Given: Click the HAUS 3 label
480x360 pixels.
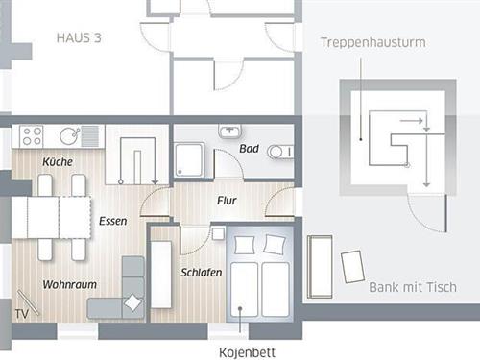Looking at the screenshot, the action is click(79, 37).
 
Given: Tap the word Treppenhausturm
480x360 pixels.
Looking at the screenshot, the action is click(373, 42).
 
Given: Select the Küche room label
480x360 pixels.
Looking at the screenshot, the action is click(58, 161).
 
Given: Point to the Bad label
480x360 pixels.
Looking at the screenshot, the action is click(249, 149).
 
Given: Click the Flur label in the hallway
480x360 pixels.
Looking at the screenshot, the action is click(227, 201).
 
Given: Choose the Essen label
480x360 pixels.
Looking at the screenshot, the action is click(112, 221).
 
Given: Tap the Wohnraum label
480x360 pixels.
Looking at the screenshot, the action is click(70, 284).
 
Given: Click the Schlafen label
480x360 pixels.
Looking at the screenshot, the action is click(202, 273).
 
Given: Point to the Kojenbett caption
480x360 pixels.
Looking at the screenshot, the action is click(247, 352).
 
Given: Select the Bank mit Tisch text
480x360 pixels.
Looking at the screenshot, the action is click(413, 287).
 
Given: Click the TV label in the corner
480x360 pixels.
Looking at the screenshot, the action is click(22, 314).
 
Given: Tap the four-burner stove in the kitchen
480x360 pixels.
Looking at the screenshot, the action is click(31, 136).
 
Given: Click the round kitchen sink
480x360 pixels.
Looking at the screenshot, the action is click(69, 136).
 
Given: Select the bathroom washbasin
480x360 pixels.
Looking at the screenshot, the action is click(230, 132).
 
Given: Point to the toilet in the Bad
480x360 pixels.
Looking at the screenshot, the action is click(280, 152).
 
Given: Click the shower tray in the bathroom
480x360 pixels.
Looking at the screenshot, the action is click(189, 159).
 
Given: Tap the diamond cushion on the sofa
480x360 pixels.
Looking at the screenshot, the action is click(132, 302).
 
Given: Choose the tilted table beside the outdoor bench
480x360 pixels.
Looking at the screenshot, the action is click(352, 267).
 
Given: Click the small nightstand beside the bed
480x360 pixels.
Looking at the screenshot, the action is click(218, 233).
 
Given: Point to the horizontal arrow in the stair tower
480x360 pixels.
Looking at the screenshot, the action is click(412, 121).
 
